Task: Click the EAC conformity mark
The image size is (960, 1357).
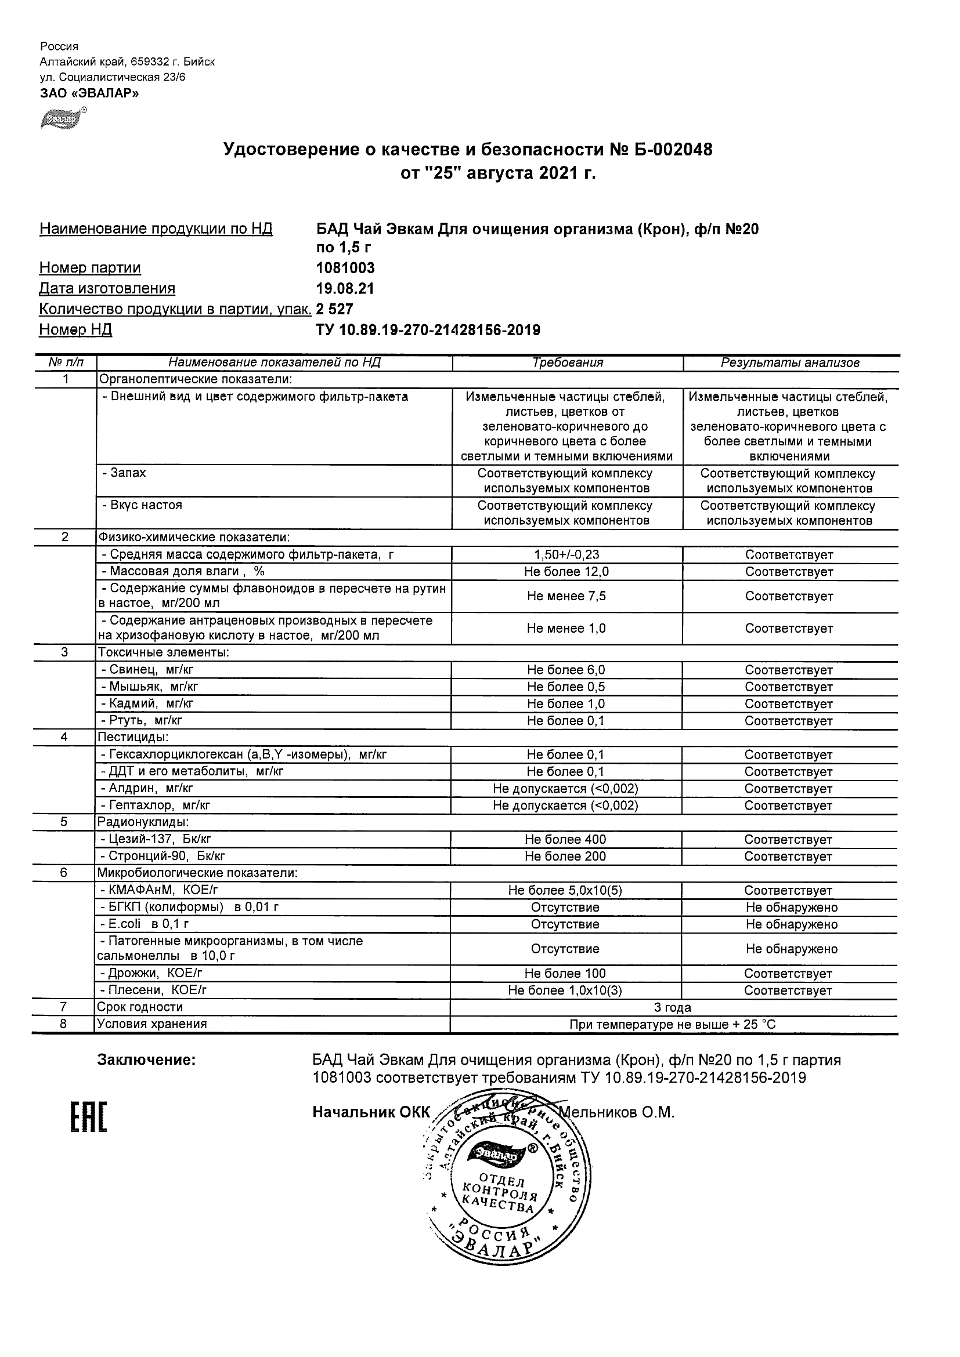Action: point(89,1116)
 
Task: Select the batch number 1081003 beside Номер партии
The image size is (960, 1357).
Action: point(345,269)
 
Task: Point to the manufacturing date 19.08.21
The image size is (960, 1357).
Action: point(345,289)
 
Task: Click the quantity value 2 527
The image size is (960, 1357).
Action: point(335,309)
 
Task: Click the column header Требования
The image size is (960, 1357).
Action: point(567,363)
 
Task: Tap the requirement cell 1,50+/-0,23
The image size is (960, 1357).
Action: point(566,555)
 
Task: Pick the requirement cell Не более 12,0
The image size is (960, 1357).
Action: point(566,572)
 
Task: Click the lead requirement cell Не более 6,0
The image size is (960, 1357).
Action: point(566,670)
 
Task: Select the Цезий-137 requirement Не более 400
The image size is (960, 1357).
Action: point(565,839)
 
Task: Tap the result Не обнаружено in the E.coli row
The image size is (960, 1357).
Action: point(792,924)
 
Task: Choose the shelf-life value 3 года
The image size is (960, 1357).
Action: point(673,1007)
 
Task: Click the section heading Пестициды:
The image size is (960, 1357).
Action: point(133,737)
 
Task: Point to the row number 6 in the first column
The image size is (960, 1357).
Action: point(64,873)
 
